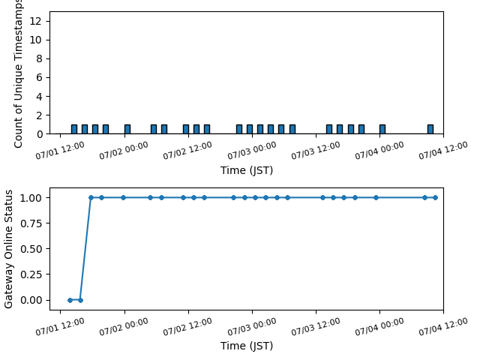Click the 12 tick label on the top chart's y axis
tap(35, 21)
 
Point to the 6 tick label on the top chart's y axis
tap(39, 77)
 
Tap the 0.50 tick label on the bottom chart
tap(31, 249)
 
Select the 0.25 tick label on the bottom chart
tap(31, 274)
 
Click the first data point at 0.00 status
tap(70, 300)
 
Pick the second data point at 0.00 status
tap(80, 300)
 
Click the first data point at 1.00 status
tap(91, 198)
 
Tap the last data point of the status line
tap(435, 198)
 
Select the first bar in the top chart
tap(74, 129)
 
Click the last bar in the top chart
tap(430, 129)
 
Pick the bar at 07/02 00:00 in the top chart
tap(127, 129)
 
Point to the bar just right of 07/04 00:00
tap(382, 129)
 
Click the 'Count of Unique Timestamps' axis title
tap(18, 73)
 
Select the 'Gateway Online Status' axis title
tap(8, 249)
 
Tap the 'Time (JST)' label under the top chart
tap(247, 170)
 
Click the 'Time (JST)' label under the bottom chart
tap(247, 346)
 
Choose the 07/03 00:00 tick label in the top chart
tap(252, 151)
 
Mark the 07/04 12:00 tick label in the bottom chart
tap(443, 327)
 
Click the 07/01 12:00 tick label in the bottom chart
tap(60, 327)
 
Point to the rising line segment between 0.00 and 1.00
tap(85, 249)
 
